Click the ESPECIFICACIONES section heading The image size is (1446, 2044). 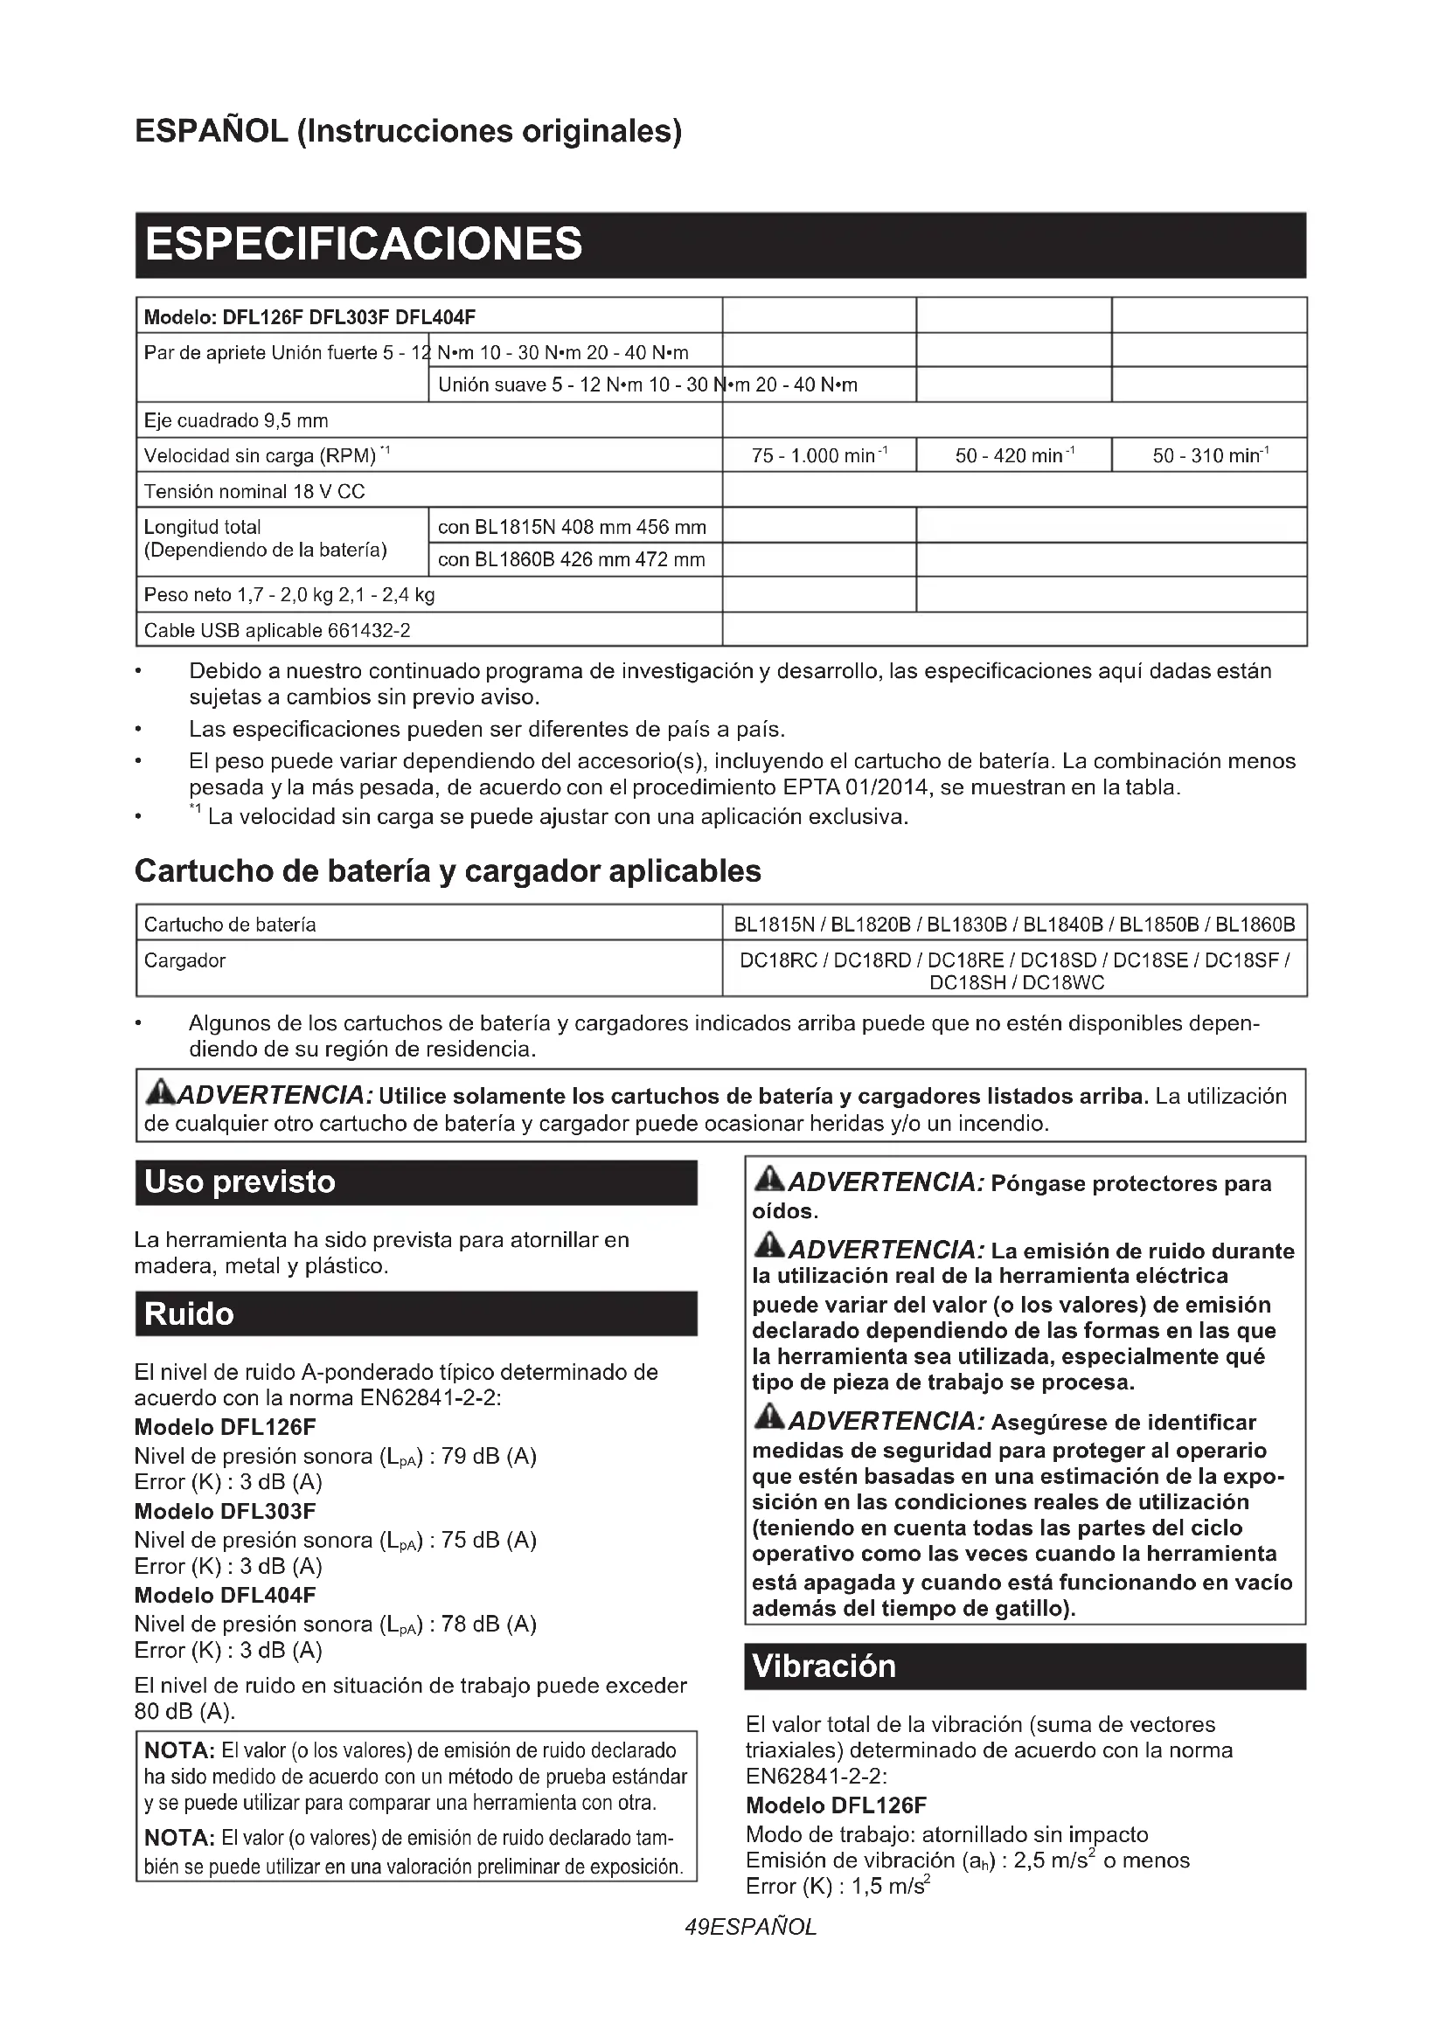pos(364,244)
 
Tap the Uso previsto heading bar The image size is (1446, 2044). pos(240,1182)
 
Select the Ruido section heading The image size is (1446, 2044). pos(189,1314)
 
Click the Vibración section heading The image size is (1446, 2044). pos(824,1666)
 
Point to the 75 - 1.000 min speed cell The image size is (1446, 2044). pos(818,456)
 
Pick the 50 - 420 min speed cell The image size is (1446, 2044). pos(1014,456)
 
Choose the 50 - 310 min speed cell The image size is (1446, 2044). pos(1210,456)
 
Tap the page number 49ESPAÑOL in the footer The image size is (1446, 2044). pos(751,1928)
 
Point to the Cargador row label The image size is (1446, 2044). pos(185,960)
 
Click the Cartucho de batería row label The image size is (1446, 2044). pos(230,924)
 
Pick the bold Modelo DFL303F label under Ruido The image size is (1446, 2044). pos(226,1511)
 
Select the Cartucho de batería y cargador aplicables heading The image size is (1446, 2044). pos(448,870)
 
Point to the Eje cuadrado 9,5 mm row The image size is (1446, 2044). pos(236,420)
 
